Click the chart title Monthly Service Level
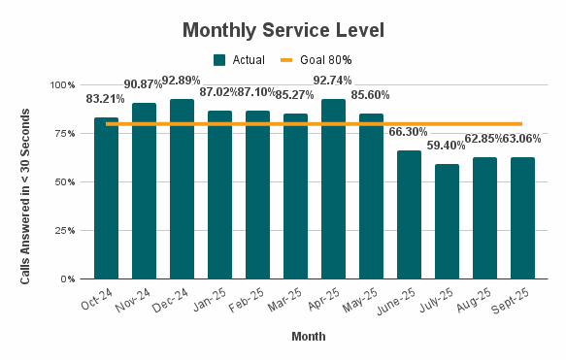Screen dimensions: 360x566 click(283, 30)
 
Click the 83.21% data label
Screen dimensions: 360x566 click(106, 99)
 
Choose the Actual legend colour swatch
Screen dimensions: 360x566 click(220, 59)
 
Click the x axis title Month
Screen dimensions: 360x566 click(308, 337)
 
